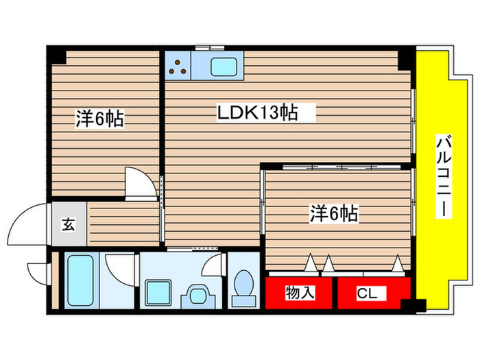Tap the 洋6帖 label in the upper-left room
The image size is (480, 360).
coord(99,119)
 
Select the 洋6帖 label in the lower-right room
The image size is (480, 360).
coord(333,214)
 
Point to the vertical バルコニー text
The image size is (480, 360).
coord(443,177)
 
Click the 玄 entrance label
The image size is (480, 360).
coord(69,223)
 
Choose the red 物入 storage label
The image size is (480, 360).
coord(300,293)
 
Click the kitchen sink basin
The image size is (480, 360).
coord(223,67)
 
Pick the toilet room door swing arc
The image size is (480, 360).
coord(217,264)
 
